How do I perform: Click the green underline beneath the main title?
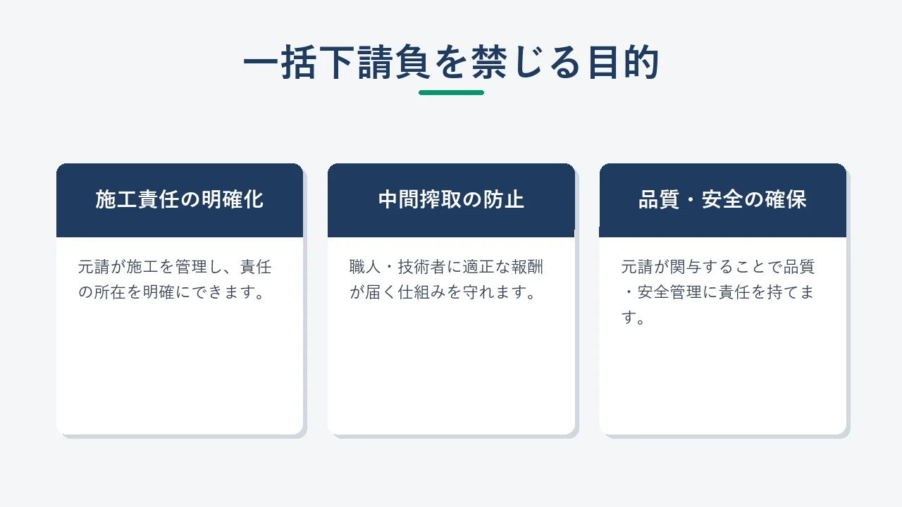tap(451, 92)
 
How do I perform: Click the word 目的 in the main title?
tap(623, 63)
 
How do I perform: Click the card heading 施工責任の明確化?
tap(180, 199)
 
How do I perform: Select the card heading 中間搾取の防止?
tap(451, 199)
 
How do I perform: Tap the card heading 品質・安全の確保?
tap(722, 199)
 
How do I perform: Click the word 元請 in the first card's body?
tap(94, 267)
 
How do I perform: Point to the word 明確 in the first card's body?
tap(159, 292)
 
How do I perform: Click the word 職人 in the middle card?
tap(365, 267)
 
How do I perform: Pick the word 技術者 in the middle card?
tap(422, 267)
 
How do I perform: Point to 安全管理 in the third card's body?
tap(669, 292)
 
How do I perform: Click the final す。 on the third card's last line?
tap(633, 318)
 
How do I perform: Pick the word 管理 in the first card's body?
tap(191, 267)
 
